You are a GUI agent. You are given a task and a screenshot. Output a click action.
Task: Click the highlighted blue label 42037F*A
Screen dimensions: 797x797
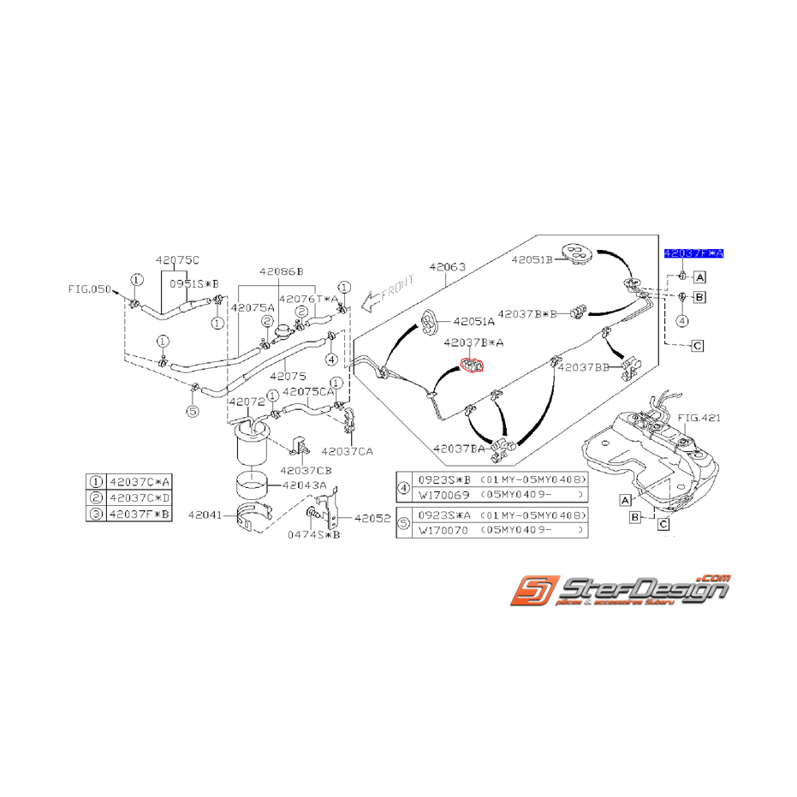coord(694,254)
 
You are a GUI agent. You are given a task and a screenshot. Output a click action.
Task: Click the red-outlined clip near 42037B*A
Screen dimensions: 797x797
coord(473,366)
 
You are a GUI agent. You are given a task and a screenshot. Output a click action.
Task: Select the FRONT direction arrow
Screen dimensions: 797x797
coord(387,291)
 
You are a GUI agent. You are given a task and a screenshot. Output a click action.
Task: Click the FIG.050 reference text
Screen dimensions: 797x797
coord(89,289)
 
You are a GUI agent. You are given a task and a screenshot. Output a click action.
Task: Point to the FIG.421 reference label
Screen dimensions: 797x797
coord(699,418)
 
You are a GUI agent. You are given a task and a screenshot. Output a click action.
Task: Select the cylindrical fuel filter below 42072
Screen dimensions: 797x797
coord(252,445)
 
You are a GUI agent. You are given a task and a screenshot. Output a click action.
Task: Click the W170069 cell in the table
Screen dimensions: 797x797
coord(443,495)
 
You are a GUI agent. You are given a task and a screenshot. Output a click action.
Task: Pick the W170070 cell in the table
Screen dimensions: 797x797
coord(443,532)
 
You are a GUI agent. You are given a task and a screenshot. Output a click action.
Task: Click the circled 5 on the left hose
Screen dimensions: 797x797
coord(193,411)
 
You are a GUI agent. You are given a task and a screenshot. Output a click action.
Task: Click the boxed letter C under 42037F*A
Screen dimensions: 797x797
coord(697,346)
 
